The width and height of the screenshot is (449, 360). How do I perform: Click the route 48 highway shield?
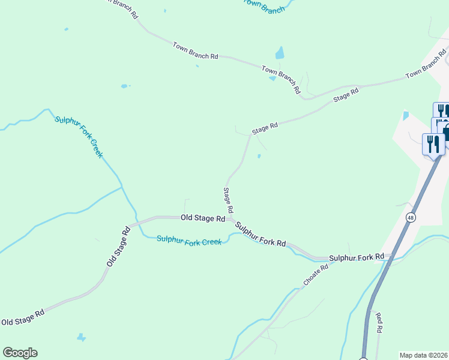411,217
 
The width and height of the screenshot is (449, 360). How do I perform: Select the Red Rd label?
379,322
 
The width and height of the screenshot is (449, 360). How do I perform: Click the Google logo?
20,353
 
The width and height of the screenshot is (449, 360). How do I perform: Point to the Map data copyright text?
423,355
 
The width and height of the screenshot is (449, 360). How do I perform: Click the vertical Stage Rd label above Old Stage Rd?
228,200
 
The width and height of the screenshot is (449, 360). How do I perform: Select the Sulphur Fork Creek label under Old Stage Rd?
189,240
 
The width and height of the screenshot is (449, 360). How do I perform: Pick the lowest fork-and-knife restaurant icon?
433,145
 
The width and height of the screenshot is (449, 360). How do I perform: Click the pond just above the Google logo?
82,337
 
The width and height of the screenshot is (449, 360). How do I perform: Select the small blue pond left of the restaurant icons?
406,115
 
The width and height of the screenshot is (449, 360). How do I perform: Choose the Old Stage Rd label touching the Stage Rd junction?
203,218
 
